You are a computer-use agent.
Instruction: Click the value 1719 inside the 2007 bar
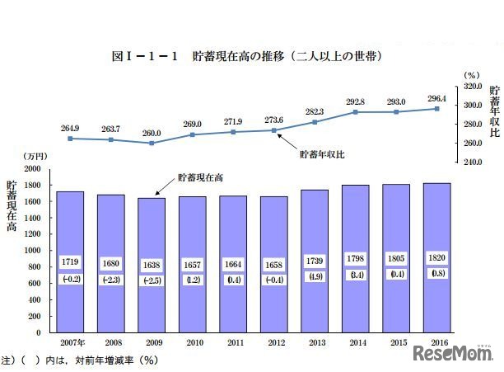click(70, 261)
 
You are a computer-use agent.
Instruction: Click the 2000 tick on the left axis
click(33, 167)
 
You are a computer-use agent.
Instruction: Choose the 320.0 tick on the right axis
click(473, 86)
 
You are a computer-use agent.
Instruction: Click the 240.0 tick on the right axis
click(473, 162)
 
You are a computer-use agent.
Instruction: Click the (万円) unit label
click(36, 156)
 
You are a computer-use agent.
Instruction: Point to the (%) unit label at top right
click(471, 74)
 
